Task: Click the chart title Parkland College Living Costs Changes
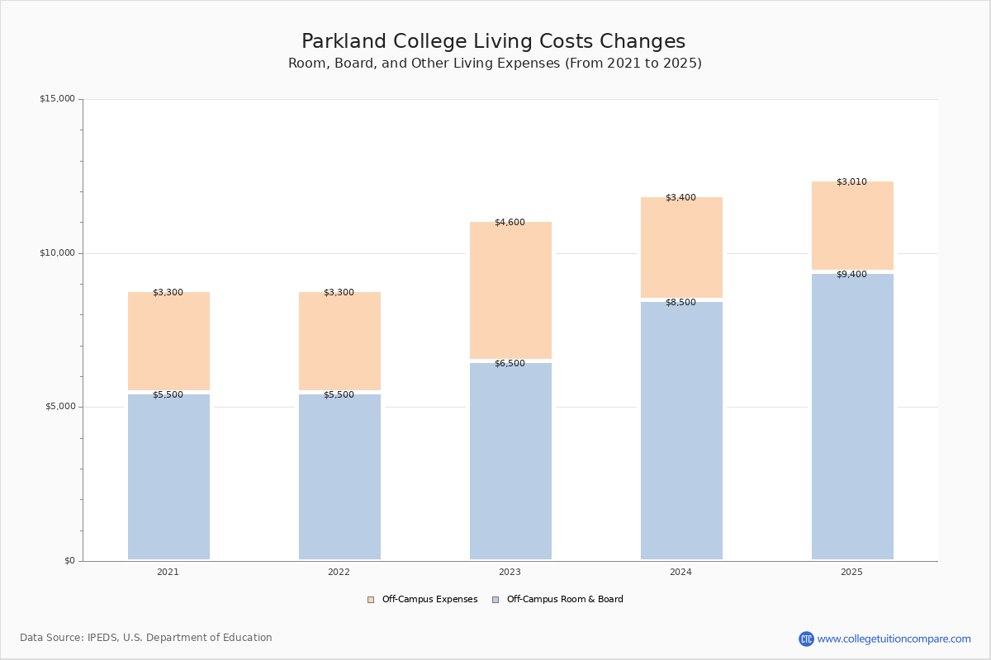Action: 493,41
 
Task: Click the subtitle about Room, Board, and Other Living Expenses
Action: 495,64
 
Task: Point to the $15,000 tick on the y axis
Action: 57,99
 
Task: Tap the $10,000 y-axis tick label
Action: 57,253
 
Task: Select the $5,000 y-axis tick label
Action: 59,407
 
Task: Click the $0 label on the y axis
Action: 69,561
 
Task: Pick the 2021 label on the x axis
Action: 168,572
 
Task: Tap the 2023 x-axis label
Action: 510,572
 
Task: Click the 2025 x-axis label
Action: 851,572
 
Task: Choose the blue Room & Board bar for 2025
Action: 852,417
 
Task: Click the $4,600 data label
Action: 510,222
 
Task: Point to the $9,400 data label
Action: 851,274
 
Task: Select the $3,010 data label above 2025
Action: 851,181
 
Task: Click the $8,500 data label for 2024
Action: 680,302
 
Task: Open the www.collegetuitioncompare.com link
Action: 894,639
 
